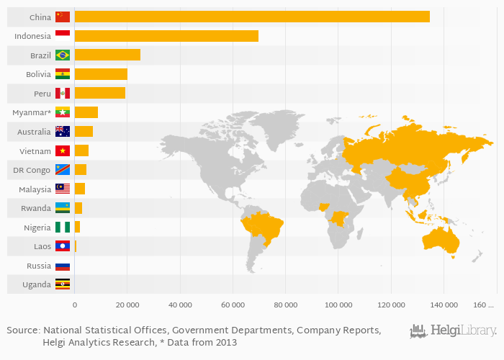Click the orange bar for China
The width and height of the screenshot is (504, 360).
pos(252,17)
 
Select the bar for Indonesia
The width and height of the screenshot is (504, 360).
pos(166,36)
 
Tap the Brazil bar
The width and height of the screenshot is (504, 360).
pos(107,55)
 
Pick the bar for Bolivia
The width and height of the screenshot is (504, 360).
pos(101,74)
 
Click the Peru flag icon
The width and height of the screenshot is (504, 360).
pos(63,94)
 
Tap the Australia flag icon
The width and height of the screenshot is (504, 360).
pos(63,132)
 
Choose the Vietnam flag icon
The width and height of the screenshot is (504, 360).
pos(63,151)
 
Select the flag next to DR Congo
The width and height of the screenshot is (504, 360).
pos(63,170)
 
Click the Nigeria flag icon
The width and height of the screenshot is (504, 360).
pos(63,228)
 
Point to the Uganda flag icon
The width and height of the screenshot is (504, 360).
pos(63,284)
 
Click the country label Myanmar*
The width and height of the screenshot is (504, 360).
pos(32,113)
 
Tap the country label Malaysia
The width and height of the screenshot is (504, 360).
pos(33,189)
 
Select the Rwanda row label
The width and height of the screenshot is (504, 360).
pos(35,208)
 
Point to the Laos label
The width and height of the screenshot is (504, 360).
pos(41,246)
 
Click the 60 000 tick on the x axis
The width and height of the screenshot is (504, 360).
pos(233,305)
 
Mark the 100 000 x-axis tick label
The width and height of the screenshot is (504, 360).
pos(338,305)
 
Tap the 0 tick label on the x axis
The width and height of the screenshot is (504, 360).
pos(75,305)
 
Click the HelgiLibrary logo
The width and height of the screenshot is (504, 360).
pos(453,331)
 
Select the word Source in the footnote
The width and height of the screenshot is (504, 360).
pos(23,330)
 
